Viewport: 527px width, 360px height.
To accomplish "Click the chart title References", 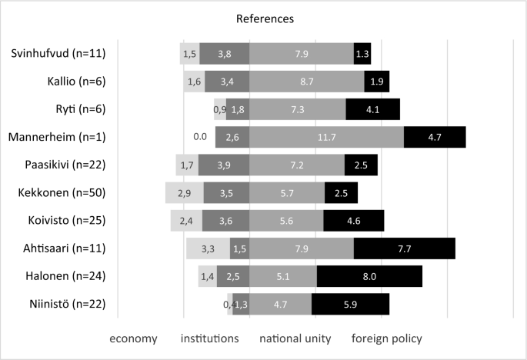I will [263, 17].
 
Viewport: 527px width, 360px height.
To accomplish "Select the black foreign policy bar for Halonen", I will [369, 276].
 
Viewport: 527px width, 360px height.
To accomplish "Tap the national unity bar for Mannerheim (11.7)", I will [327, 137].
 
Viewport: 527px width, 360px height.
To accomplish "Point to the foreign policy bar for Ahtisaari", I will [404, 248].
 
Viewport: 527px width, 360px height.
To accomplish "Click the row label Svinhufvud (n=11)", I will [58, 53].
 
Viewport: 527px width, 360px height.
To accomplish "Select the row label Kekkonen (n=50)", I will [60, 193].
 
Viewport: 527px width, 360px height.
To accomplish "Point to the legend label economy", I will [133, 338].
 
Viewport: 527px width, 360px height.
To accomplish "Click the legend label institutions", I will [209, 338].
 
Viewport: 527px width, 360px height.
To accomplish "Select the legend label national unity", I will [295, 338].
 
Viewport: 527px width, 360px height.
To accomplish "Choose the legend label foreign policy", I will [387, 338].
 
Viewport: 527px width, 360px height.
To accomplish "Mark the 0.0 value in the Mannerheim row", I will [201, 137].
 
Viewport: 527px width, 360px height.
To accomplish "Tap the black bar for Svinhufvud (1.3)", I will [362, 53].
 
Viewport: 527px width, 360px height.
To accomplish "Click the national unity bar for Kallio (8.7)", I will [307, 82].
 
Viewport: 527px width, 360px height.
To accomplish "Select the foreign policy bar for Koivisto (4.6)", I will [353, 221].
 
